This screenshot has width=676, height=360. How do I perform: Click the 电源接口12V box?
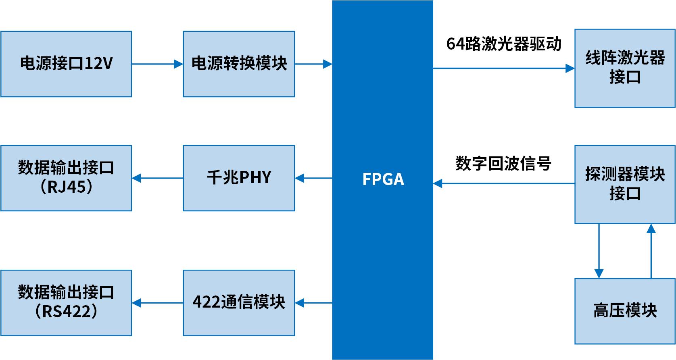click(66, 64)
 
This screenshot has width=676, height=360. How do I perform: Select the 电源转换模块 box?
click(239, 64)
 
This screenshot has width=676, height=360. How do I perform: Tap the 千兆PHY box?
click(239, 178)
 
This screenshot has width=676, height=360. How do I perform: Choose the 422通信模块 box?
click(239, 303)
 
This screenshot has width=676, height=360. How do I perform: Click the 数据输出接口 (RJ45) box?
click(66, 178)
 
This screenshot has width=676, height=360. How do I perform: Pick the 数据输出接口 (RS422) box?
click(66, 303)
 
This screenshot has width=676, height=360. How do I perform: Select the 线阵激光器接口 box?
click(625, 68)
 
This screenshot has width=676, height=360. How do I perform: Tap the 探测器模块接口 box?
click(625, 184)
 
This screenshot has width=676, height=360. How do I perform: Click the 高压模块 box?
click(625, 310)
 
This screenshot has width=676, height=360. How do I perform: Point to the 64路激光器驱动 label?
click(504, 44)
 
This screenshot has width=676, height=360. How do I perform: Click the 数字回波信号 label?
click(503, 164)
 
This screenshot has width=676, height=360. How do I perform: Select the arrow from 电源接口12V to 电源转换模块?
click(157, 64)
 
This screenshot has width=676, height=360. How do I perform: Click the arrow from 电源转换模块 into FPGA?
click(313, 64)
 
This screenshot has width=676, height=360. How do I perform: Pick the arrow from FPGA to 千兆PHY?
click(313, 178)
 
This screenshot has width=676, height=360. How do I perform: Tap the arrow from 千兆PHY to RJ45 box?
click(157, 178)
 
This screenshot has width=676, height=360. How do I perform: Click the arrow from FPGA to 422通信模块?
click(313, 303)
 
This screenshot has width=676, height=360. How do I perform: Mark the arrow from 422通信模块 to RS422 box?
click(157, 303)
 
